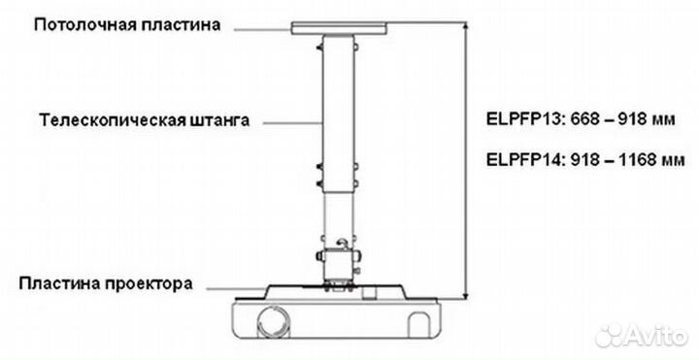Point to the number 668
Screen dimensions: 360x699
581,122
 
